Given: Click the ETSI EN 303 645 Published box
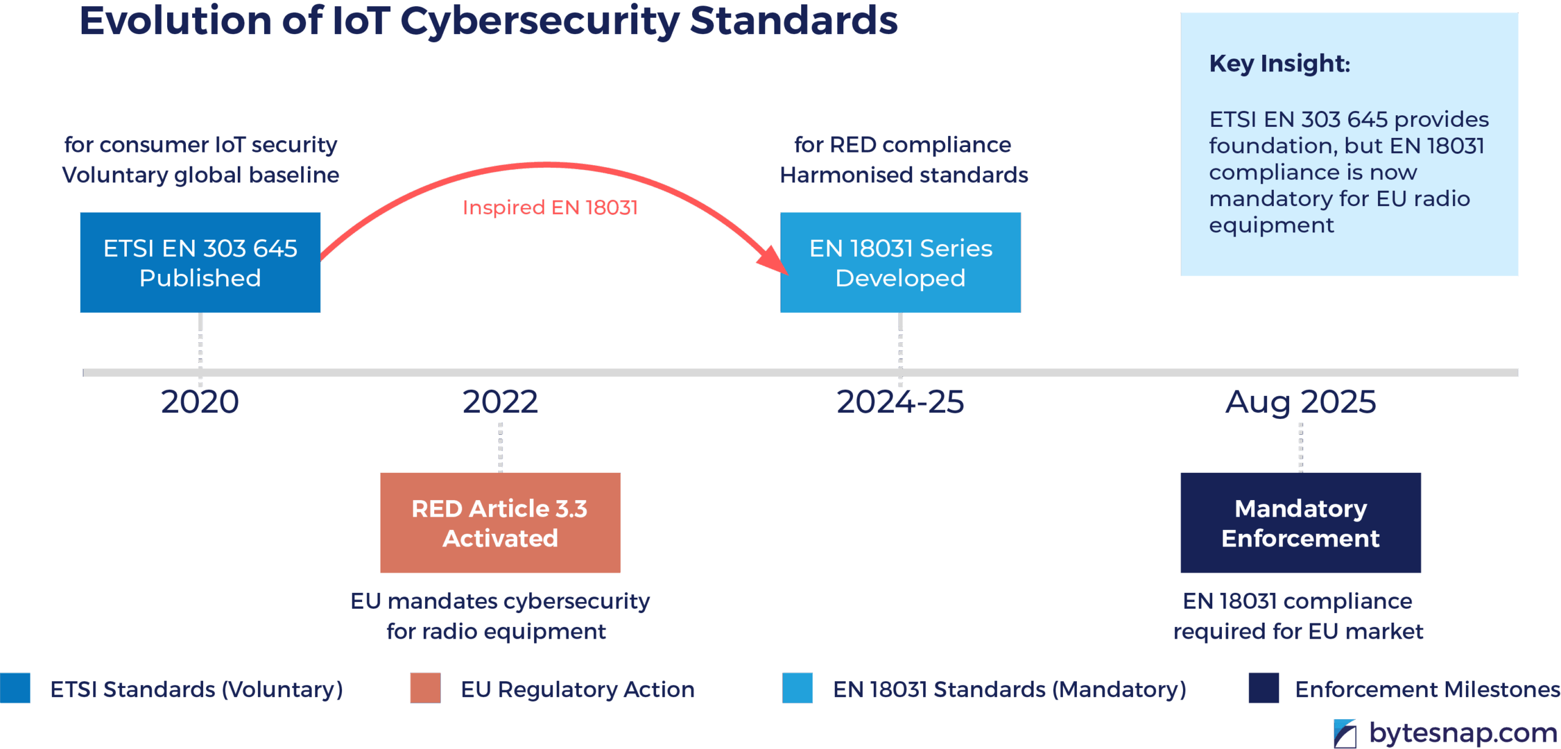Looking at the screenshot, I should [x=200, y=263].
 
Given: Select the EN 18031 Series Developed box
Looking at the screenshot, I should [x=900, y=263].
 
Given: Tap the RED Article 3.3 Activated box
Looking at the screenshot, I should [x=500, y=523].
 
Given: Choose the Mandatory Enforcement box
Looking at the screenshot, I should [x=1300, y=523].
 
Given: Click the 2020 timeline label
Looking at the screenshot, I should [x=200, y=402].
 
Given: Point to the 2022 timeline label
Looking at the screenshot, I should [x=500, y=402].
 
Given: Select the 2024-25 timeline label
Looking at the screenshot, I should [x=900, y=402].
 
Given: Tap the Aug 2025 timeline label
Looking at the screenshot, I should [x=1301, y=402].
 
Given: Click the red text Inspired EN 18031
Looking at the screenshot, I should [x=550, y=208].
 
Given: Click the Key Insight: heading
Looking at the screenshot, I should [x=1279, y=64].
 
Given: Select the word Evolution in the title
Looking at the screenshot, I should [x=175, y=21].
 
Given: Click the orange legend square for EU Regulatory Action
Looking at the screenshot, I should [x=425, y=688].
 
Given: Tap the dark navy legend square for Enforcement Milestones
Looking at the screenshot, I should [x=1263, y=688].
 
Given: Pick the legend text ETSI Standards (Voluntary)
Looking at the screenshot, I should [x=196, y=689].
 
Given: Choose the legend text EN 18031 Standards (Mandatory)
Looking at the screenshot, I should [x=1009, y=689].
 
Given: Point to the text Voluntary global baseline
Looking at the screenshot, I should [x=201, y=176].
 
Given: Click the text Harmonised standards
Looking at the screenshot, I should [x=904, y=176].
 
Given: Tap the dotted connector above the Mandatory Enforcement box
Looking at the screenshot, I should [x=1301, y=447].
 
